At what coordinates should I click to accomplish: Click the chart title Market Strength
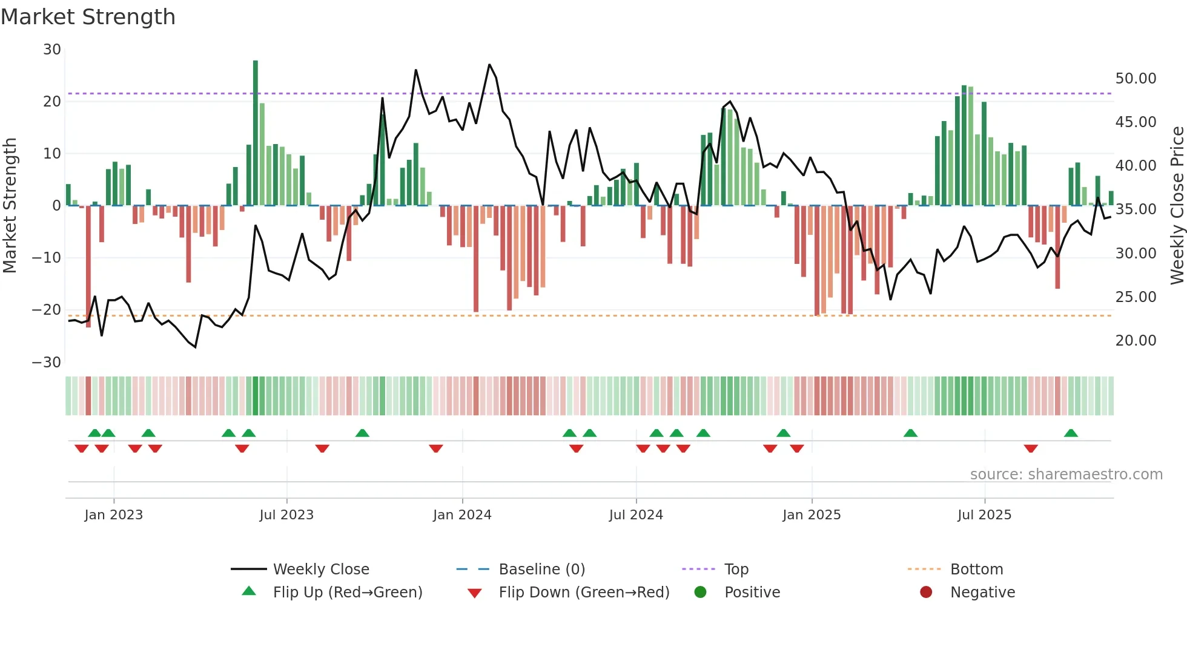(x=88, y=17)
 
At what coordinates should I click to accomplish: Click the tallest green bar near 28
(x=256, y=133)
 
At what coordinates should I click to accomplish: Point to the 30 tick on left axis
(x=52, y=50)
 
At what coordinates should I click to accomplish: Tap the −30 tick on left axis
(x=47, y=363)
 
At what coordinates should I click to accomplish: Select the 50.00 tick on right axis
(x=1136, y=79)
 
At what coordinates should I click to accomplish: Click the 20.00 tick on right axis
(x=1136, y=341)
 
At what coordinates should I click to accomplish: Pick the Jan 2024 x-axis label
(x=462, y=515)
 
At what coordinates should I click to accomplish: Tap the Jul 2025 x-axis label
(x=984, y=515)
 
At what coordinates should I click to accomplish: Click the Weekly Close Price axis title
(x=1177, y=206)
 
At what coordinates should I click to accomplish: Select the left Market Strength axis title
(x=10, y=206)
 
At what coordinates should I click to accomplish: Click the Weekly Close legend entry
(x=321, y=570)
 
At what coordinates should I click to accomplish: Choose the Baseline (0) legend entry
(x=541, y=570)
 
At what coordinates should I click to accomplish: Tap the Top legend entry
(x=736, y=570)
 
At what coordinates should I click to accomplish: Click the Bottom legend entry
(x=976, y=570)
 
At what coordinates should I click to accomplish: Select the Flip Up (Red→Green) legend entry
(x=347, y=593)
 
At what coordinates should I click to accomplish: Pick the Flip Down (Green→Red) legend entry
(x=584, y=593)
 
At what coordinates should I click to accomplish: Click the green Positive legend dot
(x=701, y=593)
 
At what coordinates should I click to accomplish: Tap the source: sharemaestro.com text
(x=1066, y=475)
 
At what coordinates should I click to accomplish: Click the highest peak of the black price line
(x=489, y=65)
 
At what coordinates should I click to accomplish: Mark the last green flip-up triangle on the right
(x=1071, y=433)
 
